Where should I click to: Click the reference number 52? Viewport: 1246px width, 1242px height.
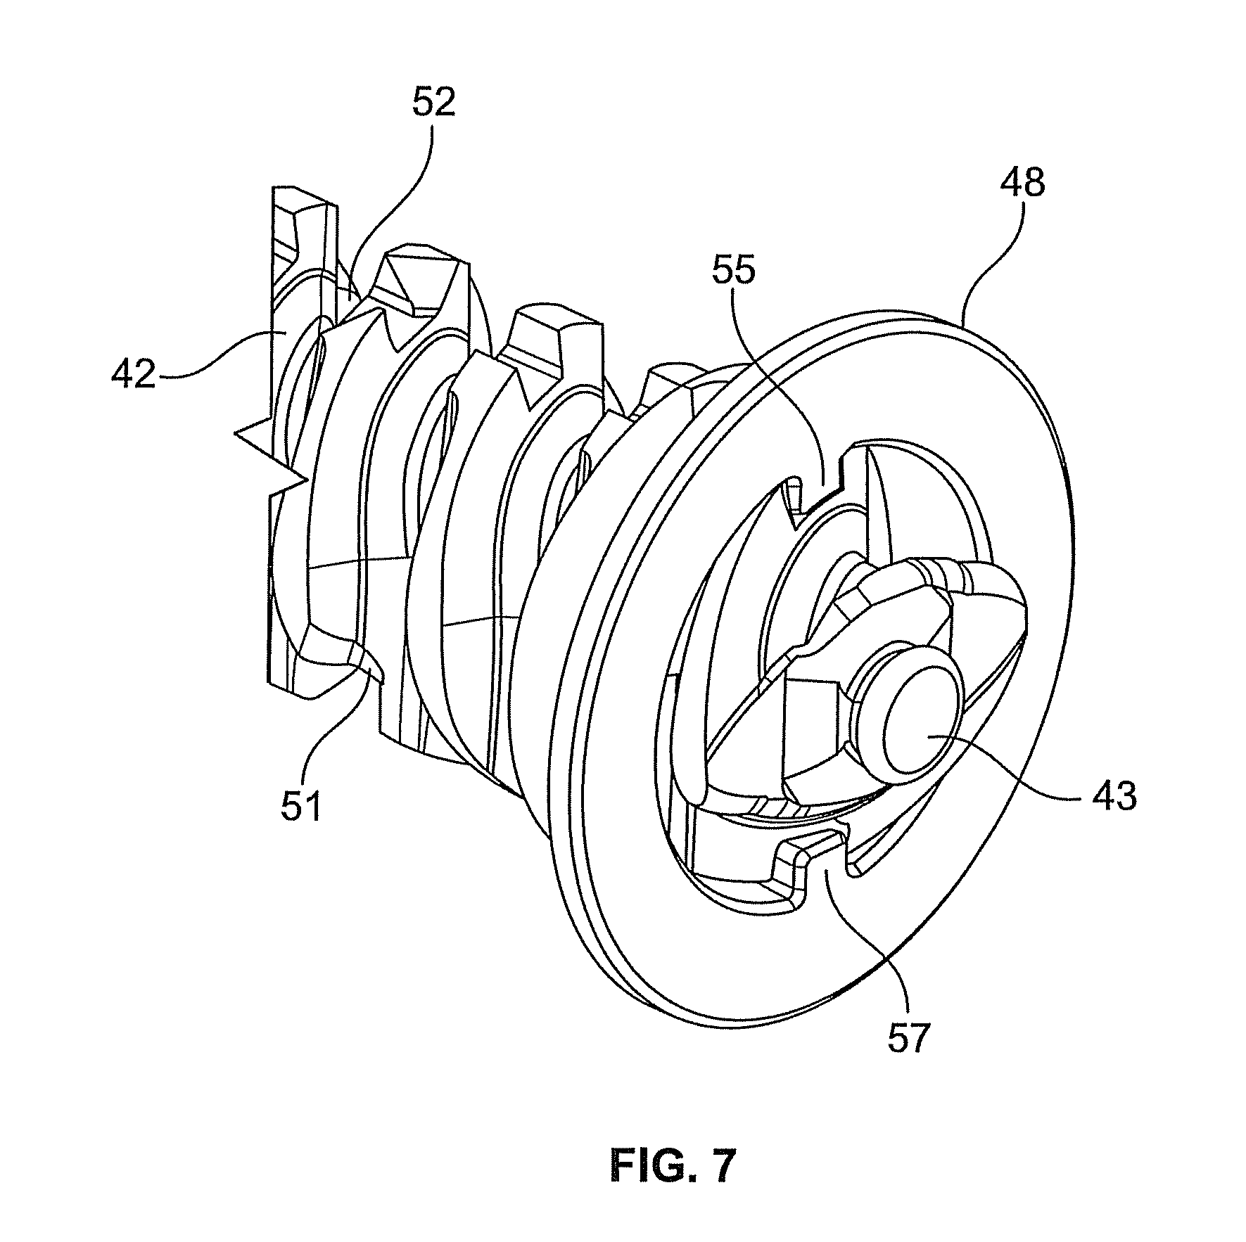click(433, 103)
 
